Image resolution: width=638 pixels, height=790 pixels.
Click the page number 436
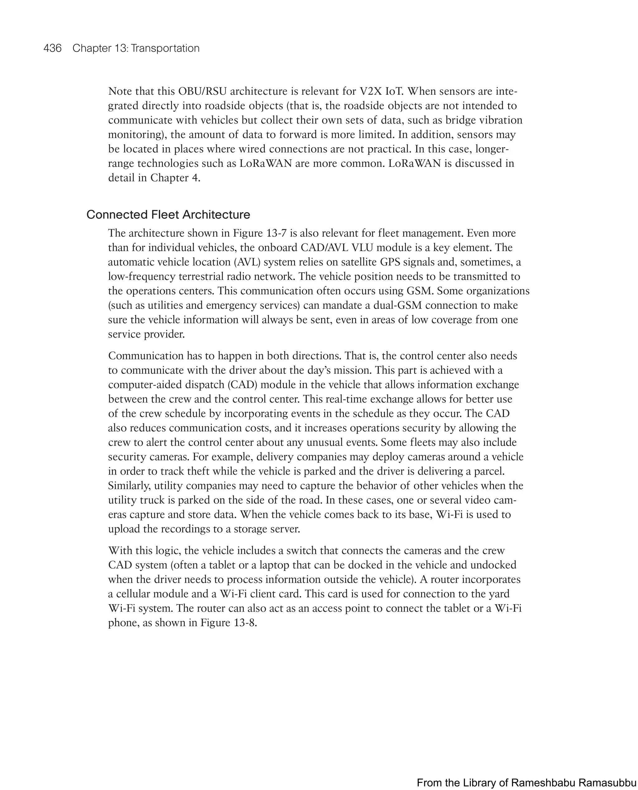tap(52, 48)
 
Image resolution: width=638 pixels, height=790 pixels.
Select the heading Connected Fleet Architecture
tap(168, 214)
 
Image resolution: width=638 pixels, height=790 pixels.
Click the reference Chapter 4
tap(175, 178)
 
